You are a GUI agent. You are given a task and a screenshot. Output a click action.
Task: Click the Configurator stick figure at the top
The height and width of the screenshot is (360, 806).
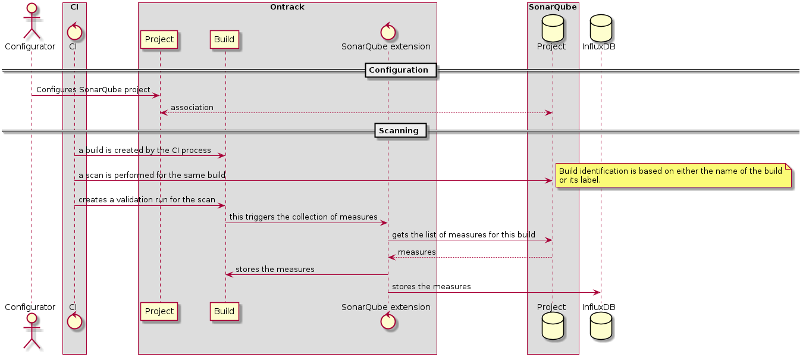[x=31, y=22]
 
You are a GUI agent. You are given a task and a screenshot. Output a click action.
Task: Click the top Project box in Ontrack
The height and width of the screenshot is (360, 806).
[x=159, y=40]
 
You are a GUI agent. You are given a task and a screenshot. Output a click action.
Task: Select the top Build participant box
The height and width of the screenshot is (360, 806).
[x=224, y=40]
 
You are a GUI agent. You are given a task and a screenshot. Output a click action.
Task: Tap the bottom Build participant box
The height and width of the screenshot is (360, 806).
[x=224, y=311]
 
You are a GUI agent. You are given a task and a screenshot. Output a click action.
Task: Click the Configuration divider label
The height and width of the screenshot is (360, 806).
[x=398, y=70]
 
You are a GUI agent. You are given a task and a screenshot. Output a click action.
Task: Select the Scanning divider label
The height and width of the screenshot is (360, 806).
[x=400, y=130]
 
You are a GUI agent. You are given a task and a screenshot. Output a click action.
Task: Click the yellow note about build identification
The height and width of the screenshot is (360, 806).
[x=673, y=176]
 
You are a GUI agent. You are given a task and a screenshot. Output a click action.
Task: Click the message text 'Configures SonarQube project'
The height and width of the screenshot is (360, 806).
[x=93, y=89]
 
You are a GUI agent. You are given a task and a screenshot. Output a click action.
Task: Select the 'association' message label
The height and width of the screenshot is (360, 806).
[x=192, y=107]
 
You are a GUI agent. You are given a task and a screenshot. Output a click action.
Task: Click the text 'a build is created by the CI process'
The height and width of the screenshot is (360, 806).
[x=145, y=150]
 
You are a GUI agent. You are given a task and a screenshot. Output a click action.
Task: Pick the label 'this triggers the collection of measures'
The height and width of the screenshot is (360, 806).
[x=303, y=217]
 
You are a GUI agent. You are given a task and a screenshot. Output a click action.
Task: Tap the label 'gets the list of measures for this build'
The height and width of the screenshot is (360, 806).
[x=463, y=235]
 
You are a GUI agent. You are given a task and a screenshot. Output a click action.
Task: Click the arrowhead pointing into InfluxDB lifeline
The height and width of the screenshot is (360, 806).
[x=597, y=292]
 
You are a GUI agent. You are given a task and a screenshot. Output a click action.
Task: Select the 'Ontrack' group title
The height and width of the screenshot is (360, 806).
[x=287, y=7]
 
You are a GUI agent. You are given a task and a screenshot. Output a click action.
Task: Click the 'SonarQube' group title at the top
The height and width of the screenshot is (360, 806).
[x=553, y=7]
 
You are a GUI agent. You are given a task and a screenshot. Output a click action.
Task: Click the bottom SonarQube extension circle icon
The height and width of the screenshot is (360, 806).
[x=387, y=322]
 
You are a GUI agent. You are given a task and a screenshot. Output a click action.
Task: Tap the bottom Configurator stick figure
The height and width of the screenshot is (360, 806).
[x=31, y=331]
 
